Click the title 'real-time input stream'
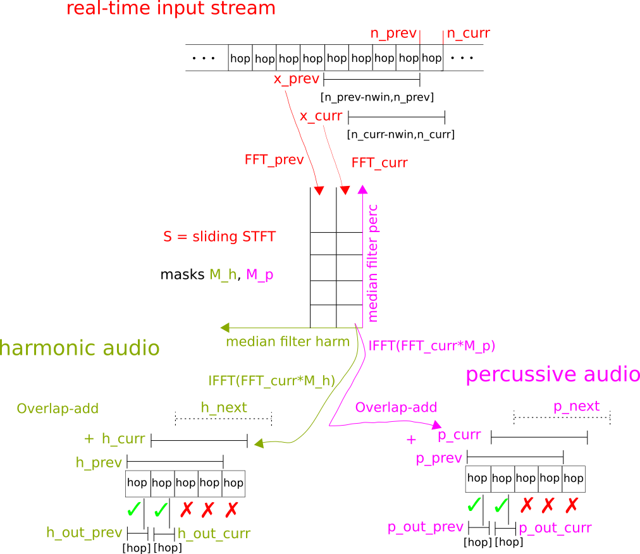(171, 9)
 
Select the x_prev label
(296, 79)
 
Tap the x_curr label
(321, 116)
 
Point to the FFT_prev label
(274, 160)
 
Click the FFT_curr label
(379, 163)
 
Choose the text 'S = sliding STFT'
(219, 237)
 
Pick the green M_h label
(223, 274)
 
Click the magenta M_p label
(259, 274)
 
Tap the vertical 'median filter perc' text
(372, 262)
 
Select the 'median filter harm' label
(287, 342)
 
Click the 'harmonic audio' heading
(80, 348)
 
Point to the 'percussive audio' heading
(552, 374)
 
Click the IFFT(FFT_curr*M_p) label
(431, 346)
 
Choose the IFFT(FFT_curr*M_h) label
(271, 381)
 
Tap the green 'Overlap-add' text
(58, 409)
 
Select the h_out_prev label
(84, 532)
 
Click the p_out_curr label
(555, 528)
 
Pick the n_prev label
(393, 34)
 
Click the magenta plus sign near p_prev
(411, 440)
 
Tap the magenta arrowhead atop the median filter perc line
(362, 189)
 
